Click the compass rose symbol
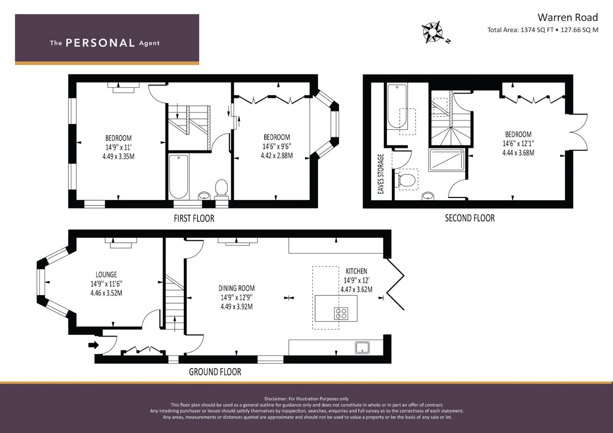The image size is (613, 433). pyautogui.click(x=433, y=32)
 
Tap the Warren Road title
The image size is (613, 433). pyautogui.click(x=568, y=18)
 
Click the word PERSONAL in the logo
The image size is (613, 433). pyautogui.click(x=100, y=43)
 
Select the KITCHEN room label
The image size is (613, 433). pyautogui.click(x=356, y=271)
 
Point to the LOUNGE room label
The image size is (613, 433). pyautogui.click(x=106, y=275)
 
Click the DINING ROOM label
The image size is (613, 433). pyautogui.click(x=236, y=288)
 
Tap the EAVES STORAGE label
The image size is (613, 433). pyautogui.click(x=381, y=174)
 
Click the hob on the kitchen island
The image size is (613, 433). pyautogui.click(x=341, y=314)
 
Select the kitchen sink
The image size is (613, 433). pyautogui.click(x=362, y=348)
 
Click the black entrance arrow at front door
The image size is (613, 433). pyautogui.click(x=93, y=345)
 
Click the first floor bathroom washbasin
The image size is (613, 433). pyautogui.click(x=204, y=196)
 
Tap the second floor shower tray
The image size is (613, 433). pyautogui.click(x=447, y=160)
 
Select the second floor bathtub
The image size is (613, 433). pyautogui.click(x=397, y=106)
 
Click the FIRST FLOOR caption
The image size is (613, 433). pyautogui.click(x=194, y=219)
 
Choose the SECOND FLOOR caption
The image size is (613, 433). pyautogui.click(x=470, y=218)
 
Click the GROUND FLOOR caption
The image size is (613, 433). pyautogui.click(x=215, y=372)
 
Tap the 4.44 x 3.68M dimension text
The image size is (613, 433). pyautogui.click(x=518, y=153)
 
